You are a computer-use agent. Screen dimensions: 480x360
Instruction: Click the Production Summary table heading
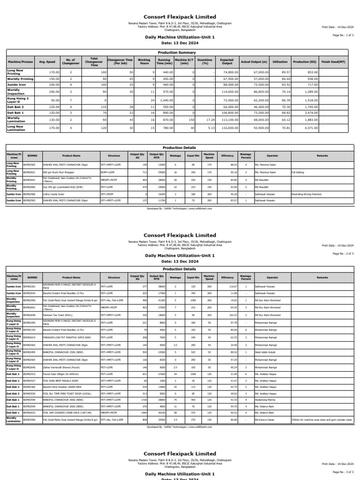tap(180, 52)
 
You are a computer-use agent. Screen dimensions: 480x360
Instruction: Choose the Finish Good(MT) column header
tap(333, 61)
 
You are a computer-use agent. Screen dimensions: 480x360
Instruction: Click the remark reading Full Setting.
tap(299, 172)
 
